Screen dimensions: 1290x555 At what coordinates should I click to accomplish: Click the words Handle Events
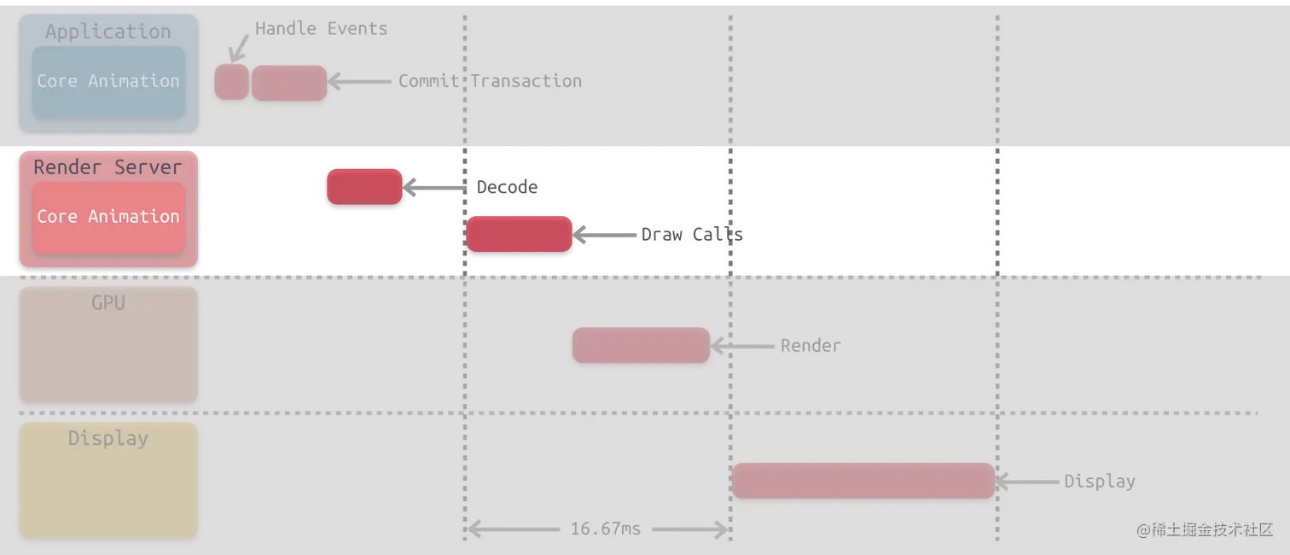[x=321, y=29]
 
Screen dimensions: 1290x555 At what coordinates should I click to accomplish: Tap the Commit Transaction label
[x=490, y=81]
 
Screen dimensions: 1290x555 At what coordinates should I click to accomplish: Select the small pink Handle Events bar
[x=231, y=82]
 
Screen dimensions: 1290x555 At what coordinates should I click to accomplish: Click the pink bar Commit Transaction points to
[x=289, y=83]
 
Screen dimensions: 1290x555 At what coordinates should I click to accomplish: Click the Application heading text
[x=107, y=32]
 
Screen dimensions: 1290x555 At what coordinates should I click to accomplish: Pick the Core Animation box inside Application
[x=108, y=82]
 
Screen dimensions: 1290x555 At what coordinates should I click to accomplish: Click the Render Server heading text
[x=107, y=167]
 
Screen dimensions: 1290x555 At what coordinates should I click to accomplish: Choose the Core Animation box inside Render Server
[x=108, y=217]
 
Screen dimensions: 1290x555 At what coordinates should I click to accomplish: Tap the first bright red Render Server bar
[x=364, y=187]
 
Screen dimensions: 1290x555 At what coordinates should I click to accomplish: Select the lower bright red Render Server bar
[x=519, y=234]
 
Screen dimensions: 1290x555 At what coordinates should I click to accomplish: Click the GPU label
[x=108, y=303]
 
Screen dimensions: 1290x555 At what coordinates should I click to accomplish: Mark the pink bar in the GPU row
[x=641, y=345]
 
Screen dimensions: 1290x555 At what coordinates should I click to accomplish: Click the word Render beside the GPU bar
[x=811, y=346]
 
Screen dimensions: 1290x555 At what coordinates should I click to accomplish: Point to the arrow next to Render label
[x=743, y=346]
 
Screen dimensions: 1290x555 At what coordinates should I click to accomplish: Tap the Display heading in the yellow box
[x=108, y=439]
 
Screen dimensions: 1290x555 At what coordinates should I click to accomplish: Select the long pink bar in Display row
[x=863, y=481]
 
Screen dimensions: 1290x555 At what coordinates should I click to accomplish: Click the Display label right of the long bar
[x=1099, y=482]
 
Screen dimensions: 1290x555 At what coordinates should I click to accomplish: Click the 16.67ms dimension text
[x=605, y=529]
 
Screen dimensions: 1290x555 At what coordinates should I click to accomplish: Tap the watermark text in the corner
[x=1204, y=530]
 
